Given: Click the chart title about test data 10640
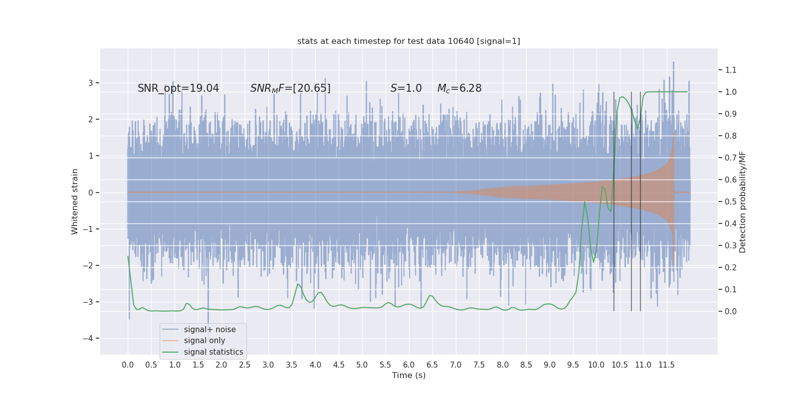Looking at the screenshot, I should [408, 41].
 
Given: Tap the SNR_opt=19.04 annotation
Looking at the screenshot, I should [178, 88].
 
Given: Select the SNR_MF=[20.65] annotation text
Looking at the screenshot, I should [290, 88].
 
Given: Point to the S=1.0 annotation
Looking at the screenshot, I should [406, 88].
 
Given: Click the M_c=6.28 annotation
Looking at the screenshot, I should [459, 88].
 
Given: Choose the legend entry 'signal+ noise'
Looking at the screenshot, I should [209, 330].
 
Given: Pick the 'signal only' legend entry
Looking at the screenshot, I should [204, 341].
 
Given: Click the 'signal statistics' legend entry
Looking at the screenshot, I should [213, 352].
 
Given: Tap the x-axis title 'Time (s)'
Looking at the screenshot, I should [408, 375].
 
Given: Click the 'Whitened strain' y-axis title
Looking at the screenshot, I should [75, 201].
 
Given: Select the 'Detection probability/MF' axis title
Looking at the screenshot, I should [743, 201].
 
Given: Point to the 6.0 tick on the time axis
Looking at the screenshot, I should [408, 365].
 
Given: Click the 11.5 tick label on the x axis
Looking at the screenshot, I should [666, 365].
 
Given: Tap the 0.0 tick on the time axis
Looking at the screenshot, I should [128, 365].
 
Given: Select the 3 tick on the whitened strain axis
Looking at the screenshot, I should [91, 83].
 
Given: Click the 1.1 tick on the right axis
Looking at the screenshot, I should [731, 70].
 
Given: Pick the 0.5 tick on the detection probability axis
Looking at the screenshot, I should [731, 201].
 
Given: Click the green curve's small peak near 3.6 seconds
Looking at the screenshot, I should [298, 284].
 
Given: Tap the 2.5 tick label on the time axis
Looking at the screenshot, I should [244, 365].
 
